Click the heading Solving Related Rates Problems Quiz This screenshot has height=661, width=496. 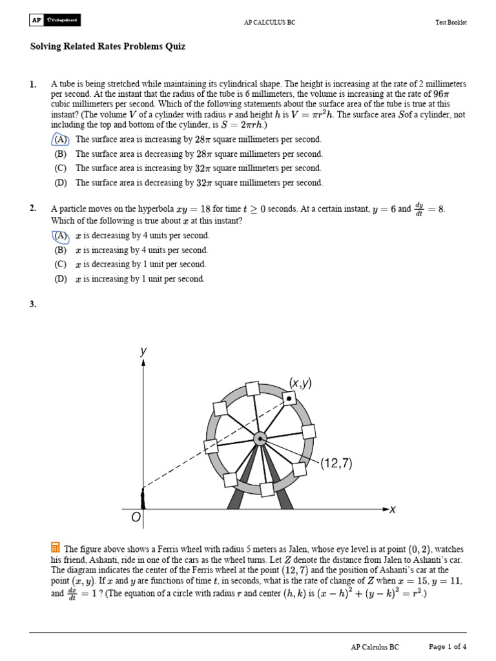(x=107, y=46)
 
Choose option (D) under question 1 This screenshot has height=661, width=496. (x=60, y=183)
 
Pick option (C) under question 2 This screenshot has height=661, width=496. (x=60, y=265)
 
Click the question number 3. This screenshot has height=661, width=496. (x=33, y=305)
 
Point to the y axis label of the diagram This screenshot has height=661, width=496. (x=143, y=351)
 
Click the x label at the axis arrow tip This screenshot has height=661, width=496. (x=392, y=510)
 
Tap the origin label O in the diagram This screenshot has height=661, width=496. (x=136, y=518)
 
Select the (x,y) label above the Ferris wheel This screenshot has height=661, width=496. (x=300, y=383)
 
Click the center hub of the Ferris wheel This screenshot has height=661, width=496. (x=260, y=439)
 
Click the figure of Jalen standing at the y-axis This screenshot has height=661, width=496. (x=143, y=499)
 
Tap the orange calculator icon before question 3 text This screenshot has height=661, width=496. (x=56, y=547)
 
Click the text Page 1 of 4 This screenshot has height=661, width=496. (x=448, y=646)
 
